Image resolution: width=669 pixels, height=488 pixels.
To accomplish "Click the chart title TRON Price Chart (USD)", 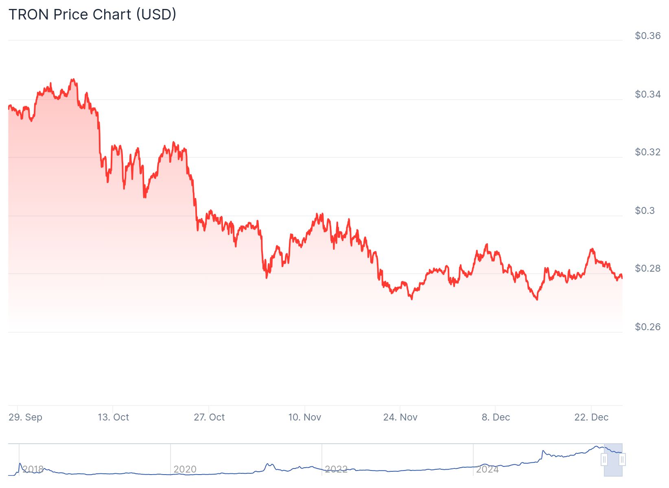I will coord(92,15).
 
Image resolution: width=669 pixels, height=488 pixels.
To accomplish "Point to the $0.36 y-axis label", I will coord(647,36).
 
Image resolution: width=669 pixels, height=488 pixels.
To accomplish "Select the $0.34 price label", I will coord(647,94).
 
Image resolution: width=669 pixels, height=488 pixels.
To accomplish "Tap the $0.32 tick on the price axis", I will coord(647,152).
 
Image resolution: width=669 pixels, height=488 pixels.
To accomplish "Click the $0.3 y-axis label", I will coord(645,211).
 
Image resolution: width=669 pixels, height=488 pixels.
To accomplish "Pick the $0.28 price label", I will coord(647,268).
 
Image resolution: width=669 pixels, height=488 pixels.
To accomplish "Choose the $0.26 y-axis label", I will coord(647,327).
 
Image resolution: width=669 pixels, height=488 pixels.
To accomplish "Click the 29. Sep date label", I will coord(25,417).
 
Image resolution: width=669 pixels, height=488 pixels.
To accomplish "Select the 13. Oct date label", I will coord(113,417).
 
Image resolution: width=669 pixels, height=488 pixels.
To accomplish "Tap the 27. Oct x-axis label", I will coord(209,417).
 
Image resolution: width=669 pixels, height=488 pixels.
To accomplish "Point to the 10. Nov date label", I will coord(305,417).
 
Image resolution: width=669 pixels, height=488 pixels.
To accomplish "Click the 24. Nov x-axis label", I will coord(400,417).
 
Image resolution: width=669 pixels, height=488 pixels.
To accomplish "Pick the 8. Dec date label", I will coord(496,417).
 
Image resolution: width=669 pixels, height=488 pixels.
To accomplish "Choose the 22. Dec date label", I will coord(591,417).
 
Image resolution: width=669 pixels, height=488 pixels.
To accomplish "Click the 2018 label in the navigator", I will coord(33,469).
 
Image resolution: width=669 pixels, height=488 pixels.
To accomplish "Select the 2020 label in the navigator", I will coord(185,469).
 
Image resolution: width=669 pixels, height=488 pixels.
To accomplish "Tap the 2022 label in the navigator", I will coord(336,469).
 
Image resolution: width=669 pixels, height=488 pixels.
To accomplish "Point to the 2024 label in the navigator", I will coord(488,469).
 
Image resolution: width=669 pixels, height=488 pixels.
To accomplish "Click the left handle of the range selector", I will coord(604,460).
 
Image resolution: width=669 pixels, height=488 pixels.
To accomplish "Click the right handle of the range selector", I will coord(622,460).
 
